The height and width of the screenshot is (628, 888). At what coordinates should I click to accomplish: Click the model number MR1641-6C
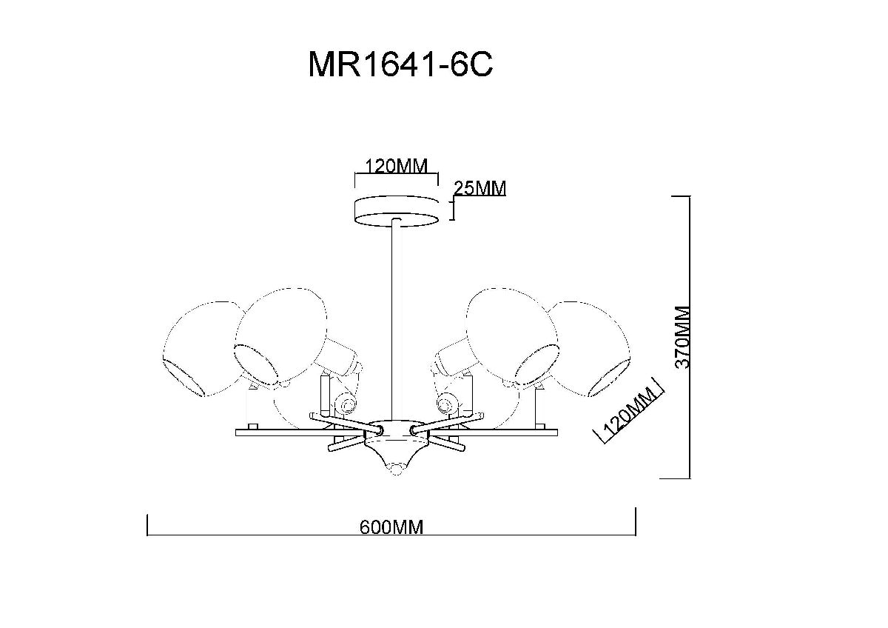pyautogui.click(x=400, y=66)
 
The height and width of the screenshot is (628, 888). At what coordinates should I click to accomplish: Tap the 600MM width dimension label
pyautogui.click(x=391, y=527)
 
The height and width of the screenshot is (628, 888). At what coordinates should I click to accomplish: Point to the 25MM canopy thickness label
pyautogui.click(x=480, y=189)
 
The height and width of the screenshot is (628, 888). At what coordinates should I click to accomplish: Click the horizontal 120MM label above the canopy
pyautogui.click(x=391, y=166)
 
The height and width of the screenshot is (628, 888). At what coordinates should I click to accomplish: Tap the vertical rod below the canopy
pyautogui.click(x=397, y=318)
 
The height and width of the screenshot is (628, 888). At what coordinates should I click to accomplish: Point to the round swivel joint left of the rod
pyautogui.click(x=344, y=404)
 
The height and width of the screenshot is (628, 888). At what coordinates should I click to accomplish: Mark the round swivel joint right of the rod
pyautogui.click(x=445, y=404)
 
